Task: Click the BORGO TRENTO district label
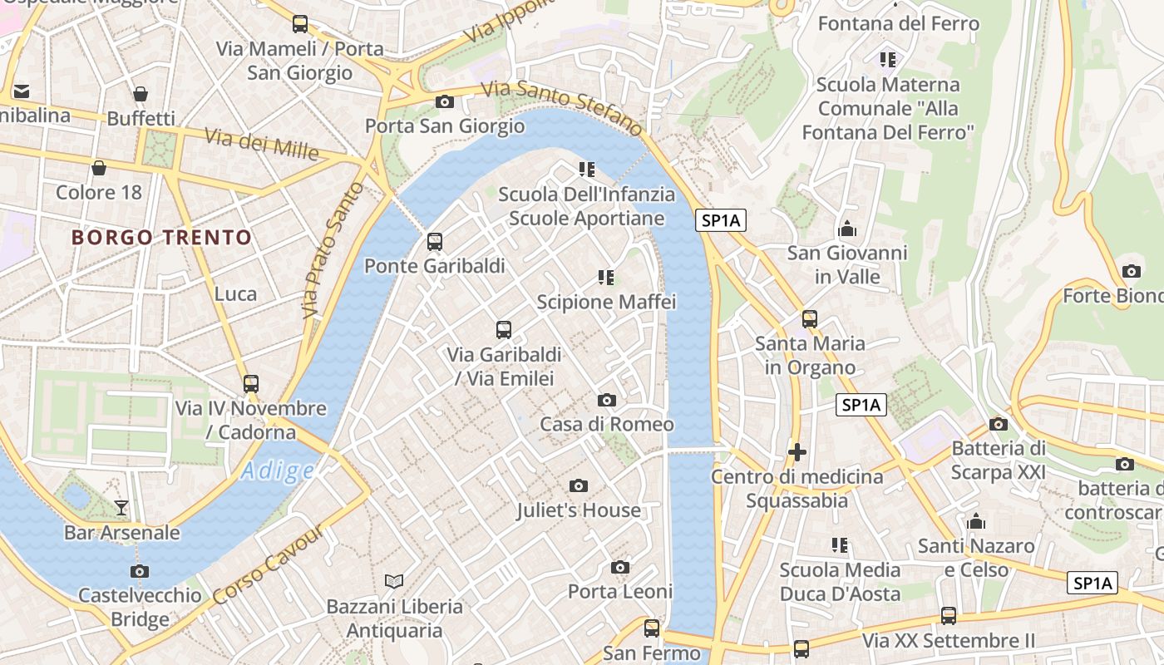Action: point(161,238)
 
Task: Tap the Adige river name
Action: point(278,471)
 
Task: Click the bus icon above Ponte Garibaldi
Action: point(434,242)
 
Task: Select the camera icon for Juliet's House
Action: point(579,485)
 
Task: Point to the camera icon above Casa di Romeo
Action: point(607,400)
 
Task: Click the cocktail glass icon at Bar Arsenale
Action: point(121,507)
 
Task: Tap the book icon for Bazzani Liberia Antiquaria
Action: point(393,581)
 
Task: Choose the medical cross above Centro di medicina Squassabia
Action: point(797,452)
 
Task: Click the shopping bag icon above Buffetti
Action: point(141,94)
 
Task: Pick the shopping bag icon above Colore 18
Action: point(99,168)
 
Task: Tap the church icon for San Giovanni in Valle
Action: point(847,228)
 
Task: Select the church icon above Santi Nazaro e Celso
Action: point(976,522)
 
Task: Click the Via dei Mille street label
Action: point(261,145)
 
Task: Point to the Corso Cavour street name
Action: point(268,565)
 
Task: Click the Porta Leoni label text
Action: point(619,592)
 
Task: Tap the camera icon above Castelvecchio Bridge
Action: point(140,571)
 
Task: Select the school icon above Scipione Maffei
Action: point(606,277)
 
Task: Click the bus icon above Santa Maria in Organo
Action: point(810,318)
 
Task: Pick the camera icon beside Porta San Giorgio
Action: point(445,101)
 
